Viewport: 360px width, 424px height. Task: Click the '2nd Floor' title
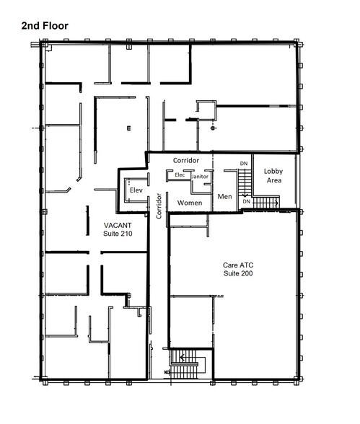44,25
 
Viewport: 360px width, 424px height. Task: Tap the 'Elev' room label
135,190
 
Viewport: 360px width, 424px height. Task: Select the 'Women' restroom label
190,203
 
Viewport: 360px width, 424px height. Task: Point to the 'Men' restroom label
224,195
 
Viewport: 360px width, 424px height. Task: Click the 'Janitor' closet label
201,176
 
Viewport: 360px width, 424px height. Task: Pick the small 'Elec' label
180,175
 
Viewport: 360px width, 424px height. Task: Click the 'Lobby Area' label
273,176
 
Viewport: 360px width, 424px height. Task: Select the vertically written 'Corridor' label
158,206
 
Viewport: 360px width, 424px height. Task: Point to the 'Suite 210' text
118,234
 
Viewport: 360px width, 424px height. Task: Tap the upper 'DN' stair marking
244,164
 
